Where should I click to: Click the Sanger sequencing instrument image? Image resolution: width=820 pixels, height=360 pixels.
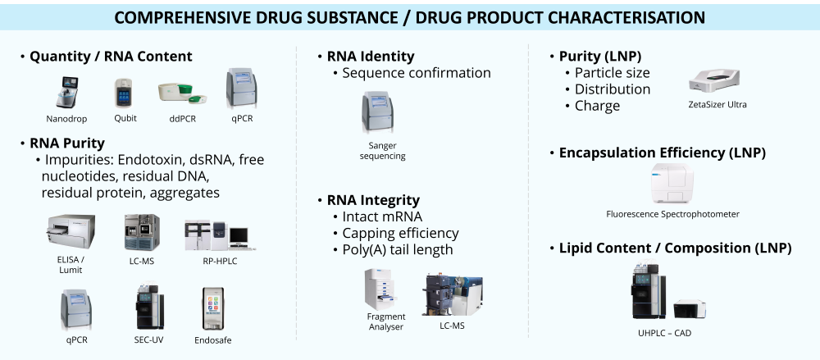[x=380, y=114]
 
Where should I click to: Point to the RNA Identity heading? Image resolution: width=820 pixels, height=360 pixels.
[x=370, y=57]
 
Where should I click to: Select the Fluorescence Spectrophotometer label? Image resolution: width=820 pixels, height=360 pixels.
[x=672, y=214]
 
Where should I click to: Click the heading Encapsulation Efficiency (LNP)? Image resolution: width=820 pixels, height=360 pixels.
[x=662, y=153]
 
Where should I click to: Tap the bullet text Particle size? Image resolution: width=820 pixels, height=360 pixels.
[x=612, y=73]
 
